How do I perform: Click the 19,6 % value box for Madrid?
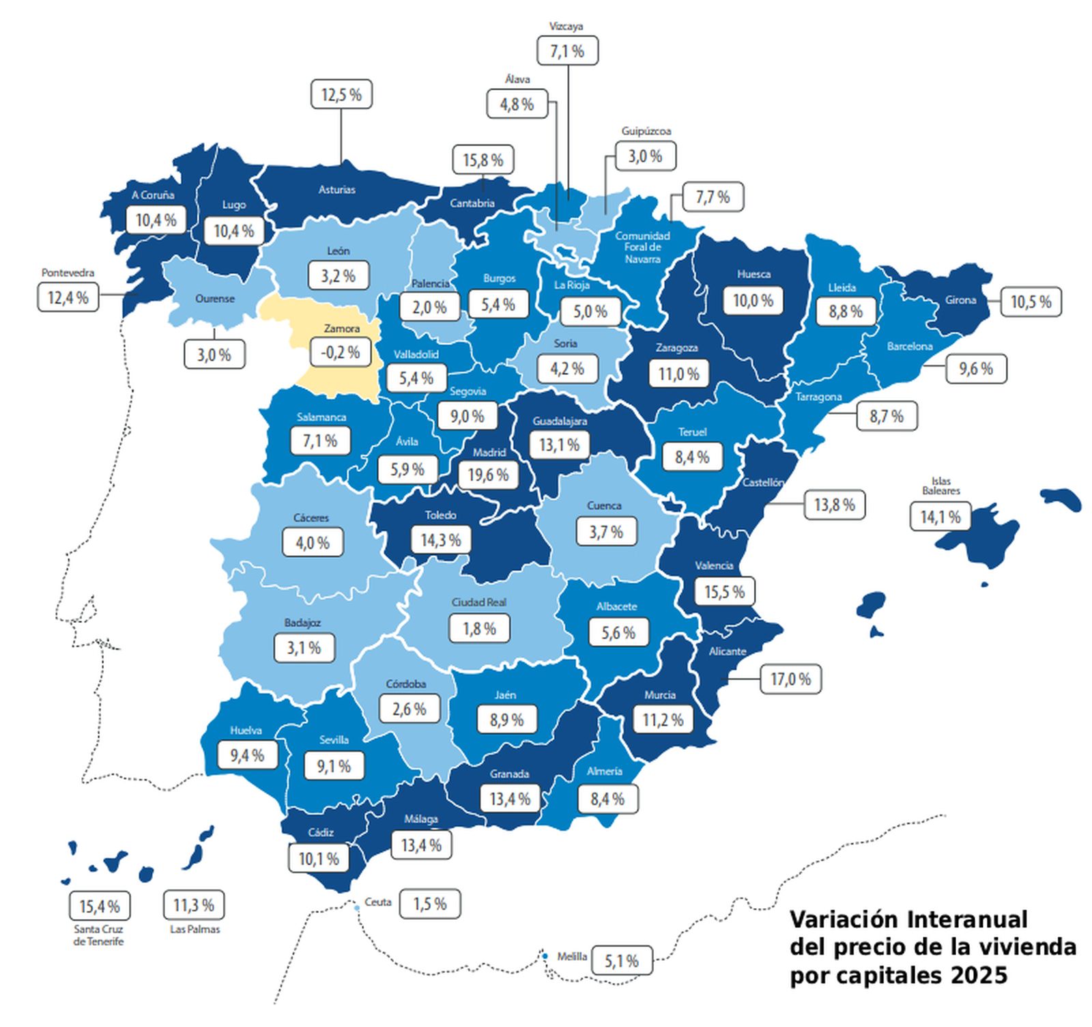point(488,475)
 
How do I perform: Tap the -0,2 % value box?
point(340,353)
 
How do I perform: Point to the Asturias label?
point(337,190)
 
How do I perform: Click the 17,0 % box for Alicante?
point(790,679)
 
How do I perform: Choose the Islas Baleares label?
point(940,486)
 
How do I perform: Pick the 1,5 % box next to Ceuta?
point(430,904)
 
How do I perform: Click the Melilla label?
point(572,957)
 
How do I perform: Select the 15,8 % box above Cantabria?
point(483,160)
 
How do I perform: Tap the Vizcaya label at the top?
point(566,27)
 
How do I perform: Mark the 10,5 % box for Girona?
point(1031,302)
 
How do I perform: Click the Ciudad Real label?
point(479,602)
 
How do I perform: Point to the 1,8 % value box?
point(479,629)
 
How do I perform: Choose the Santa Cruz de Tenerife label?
point(99,935)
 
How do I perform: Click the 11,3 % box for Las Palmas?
point(194,905)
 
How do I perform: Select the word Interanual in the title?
point(967,920)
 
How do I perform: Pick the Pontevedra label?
point(68,272)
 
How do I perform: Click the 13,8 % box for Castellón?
point(834,505)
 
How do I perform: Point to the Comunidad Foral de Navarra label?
point(642,247)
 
